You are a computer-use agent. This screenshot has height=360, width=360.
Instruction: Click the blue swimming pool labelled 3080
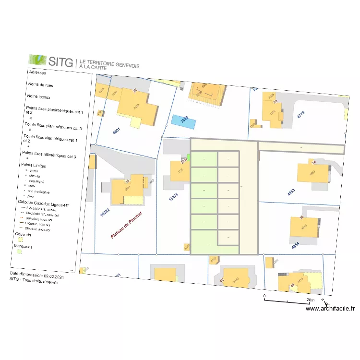(x=184, y=121)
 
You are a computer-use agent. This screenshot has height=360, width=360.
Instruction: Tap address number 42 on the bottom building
(x=222, y=280)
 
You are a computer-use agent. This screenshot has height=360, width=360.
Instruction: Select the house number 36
(x=302, y=218)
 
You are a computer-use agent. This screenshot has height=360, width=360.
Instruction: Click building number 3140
(x=235, y=280)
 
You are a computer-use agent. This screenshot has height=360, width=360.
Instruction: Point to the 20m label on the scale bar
(x=311, y=300)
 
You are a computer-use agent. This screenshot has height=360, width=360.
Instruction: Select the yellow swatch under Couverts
(x=19, y=240)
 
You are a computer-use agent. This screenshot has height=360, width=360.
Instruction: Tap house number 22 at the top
(x=135, y=91)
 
